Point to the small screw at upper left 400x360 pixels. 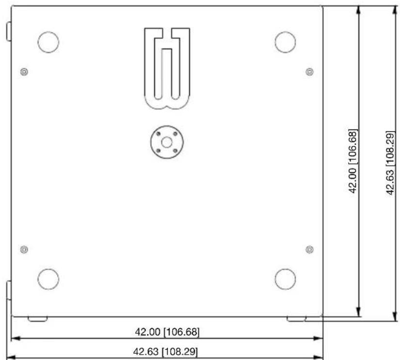click(24, 72)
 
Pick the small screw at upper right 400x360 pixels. click(310, 72)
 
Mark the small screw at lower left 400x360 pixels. click(24, 250)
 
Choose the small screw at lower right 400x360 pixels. click(310, 250)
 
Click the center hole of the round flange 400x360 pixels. click(167, 142)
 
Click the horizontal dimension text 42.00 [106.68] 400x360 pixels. click(167, 332)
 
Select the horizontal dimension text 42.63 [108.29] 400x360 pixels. click(165, 352)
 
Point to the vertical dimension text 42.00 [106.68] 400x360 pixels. click(353, 161)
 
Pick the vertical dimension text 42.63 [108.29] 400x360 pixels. click(391, 163)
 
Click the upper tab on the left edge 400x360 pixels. click(9, 31)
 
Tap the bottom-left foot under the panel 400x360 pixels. click(38, 319)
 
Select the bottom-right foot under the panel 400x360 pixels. click(296, 319)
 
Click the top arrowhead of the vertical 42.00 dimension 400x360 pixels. click(359, 10)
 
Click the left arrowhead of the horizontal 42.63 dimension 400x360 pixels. click(11, 358)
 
